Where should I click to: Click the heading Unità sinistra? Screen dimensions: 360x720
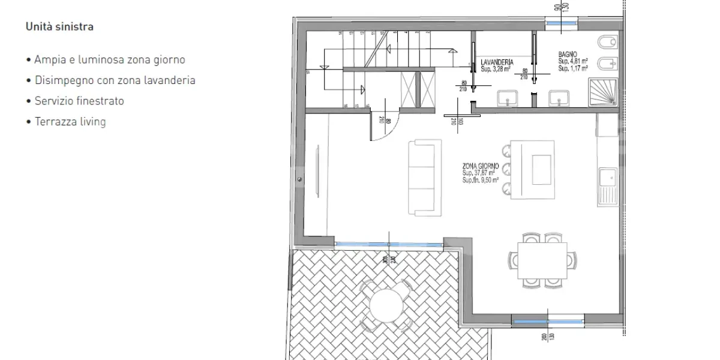pos(59,27)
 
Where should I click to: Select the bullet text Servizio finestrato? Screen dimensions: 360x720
pos(79,101)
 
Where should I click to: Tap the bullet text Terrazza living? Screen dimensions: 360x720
pos(70,122)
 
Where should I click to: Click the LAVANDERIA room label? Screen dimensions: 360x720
pos(497,62)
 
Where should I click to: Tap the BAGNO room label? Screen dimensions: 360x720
pos(568,55)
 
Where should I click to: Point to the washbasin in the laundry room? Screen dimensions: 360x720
pos(508,98)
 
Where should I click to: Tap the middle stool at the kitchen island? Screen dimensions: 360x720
pos(506,169)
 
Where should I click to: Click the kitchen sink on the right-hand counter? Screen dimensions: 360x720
pos(608,180)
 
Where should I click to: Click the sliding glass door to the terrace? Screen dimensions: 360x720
pos(389,244)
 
